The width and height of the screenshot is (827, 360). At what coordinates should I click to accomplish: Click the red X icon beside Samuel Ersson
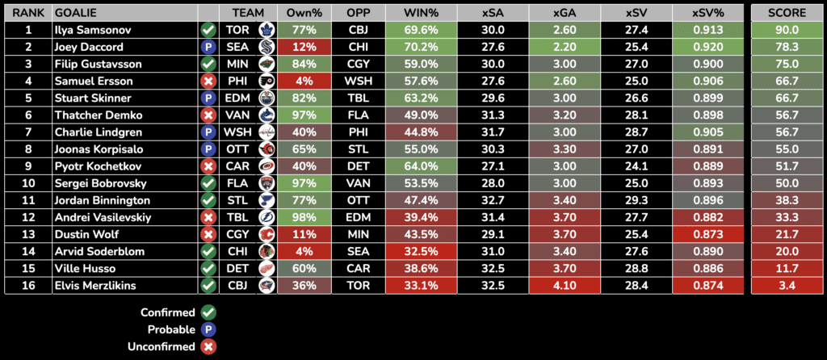[208, 81]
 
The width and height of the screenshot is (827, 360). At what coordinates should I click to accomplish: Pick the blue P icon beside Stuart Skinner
[208, 98]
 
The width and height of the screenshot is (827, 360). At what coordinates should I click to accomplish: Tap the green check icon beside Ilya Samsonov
[208, 29]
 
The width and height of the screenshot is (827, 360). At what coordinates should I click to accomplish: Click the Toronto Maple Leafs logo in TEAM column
[265, 30]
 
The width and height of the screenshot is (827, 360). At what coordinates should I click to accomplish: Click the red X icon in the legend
[208, 346]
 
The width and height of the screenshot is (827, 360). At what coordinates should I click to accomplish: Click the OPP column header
[358, 14]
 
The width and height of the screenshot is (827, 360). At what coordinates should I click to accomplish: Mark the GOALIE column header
[73, 14]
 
